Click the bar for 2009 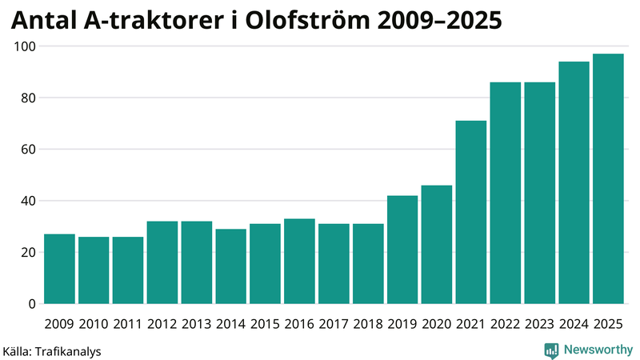[x=59, y=269]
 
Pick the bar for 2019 [x=402, y=250]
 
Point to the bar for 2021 [x=471, y=212]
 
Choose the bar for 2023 [x=539, y=193]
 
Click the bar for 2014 [x=230, y=266]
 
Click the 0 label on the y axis [x=32, y=304]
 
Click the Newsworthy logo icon [x=551, y=350]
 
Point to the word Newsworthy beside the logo [x=598, y=350]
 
